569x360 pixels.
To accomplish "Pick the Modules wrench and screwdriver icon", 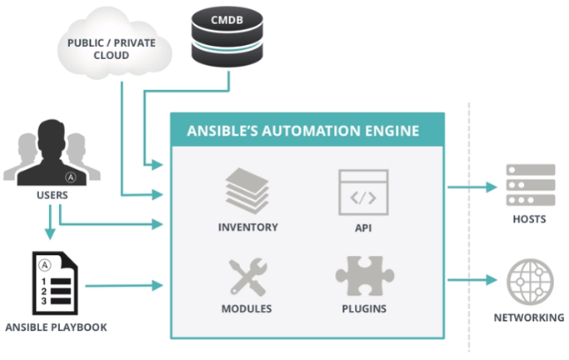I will point(247,277).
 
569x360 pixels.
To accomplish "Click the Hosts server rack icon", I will point(530,185).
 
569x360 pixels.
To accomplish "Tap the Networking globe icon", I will point(530,282).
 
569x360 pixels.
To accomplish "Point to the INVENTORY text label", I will point(247,227).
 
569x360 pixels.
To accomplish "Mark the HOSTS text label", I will point(530,219).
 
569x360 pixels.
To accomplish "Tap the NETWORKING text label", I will point(530,317).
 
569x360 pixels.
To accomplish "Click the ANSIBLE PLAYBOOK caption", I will point(55,327).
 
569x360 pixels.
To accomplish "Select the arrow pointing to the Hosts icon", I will point(472,187).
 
